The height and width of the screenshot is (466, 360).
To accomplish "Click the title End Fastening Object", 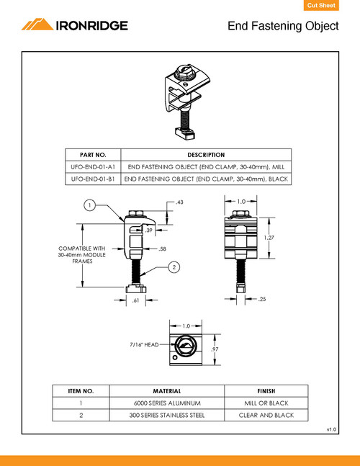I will click(x=283, y=27).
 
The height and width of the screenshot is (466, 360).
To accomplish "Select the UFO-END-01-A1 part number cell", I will click(x=91, y=166).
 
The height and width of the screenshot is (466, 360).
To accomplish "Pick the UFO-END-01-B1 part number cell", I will click(x=91, y=178).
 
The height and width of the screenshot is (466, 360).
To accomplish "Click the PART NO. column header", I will click(x=91, y=155).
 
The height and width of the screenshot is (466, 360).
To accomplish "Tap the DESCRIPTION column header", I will click(x=206, y=155).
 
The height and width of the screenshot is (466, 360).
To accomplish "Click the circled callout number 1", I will click(x=89, y=205).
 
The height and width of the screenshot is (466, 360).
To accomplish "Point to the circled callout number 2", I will click(x=174, y=267).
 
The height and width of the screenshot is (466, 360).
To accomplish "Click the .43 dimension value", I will click(x=180, y=203).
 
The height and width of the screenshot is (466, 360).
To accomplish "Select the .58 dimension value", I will click(x=162, y=248).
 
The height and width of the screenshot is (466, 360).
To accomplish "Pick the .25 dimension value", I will click(x=263, y=298).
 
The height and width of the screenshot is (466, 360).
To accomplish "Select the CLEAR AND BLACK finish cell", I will click(x=266, y=415).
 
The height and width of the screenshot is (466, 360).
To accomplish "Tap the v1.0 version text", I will click(x=331, y=429).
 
